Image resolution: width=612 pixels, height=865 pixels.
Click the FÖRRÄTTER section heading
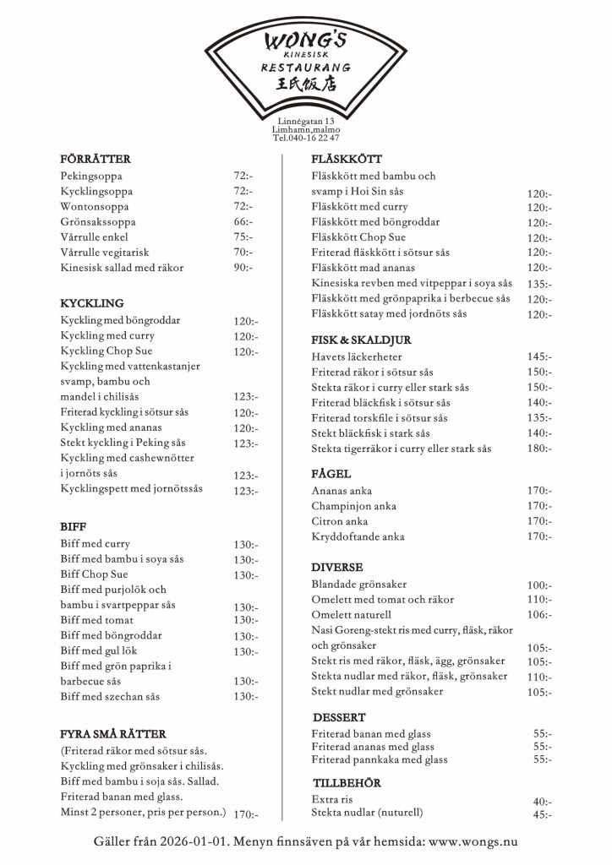pos(95,160)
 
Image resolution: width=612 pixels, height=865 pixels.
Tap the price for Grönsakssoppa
pos(243,222)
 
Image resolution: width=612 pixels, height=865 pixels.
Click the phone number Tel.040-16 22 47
pos(305,139)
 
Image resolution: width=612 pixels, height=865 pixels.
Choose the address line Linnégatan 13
pos(305,122)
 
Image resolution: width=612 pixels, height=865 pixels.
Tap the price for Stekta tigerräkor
pos(538,449)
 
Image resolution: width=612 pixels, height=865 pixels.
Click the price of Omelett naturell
pos(538,616)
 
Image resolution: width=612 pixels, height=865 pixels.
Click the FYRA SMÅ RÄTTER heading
pos(113,734)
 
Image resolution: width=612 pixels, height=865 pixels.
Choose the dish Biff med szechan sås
pos(110,697)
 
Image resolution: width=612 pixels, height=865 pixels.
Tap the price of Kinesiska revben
pos(538,284)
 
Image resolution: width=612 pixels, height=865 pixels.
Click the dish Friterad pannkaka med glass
pos(380,759)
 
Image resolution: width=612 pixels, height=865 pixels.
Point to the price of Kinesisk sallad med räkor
pos(243,268)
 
